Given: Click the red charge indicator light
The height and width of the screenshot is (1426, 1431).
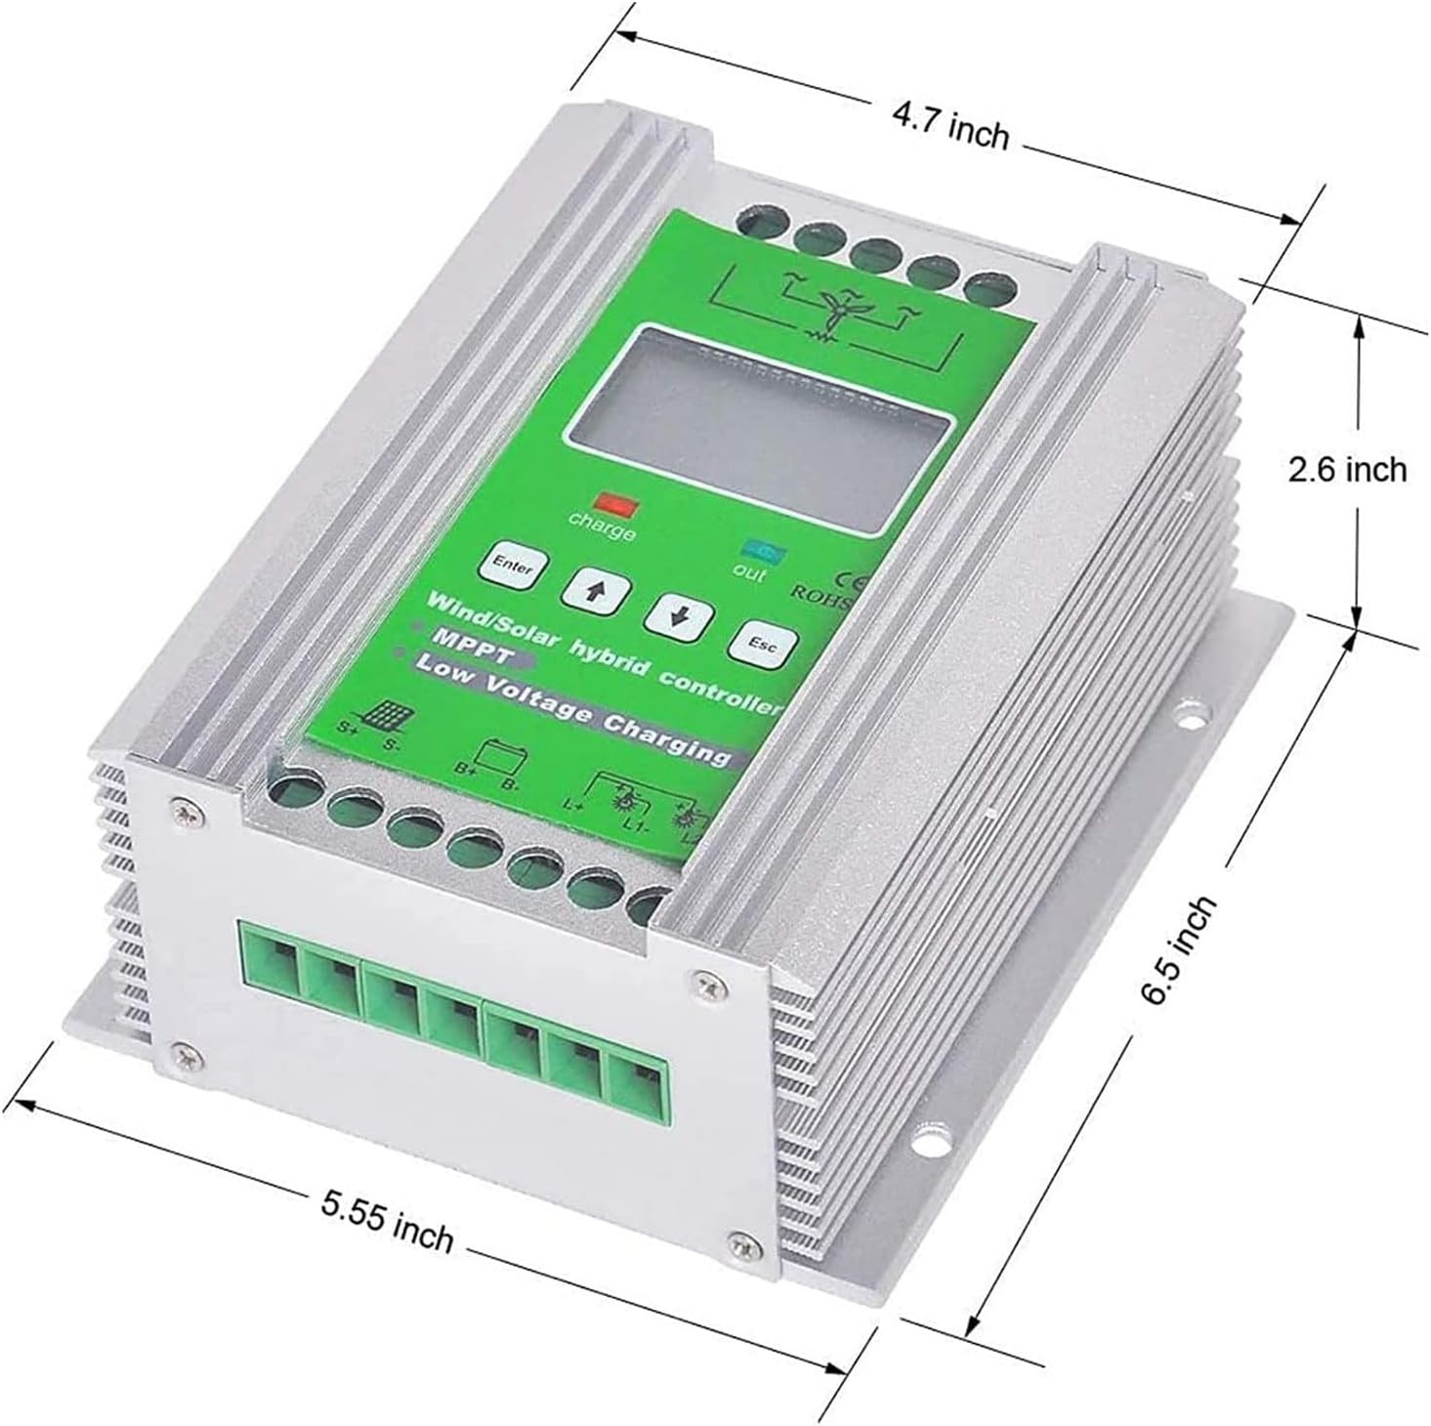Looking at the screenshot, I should click(x=617, y=505).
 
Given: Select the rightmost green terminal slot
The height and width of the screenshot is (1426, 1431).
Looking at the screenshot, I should click(x=637, y=1075).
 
